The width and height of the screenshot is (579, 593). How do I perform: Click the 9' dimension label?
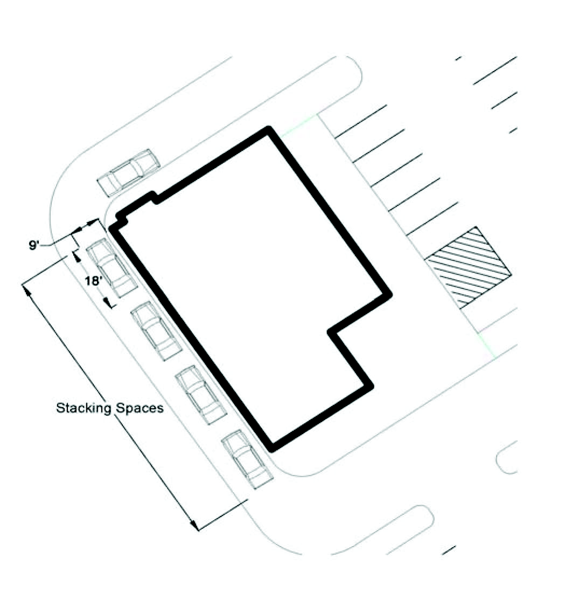click(35, 245)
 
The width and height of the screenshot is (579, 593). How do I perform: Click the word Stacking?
click(83, 408)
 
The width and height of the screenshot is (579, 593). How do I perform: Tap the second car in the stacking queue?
click(156, 330)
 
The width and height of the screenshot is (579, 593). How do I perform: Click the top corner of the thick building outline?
click(268, 129)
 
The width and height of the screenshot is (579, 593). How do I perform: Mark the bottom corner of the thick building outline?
click(272, 449)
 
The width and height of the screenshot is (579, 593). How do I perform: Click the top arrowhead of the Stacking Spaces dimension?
click(24, 285)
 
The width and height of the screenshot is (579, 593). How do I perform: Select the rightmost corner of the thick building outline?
click(389, 295)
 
